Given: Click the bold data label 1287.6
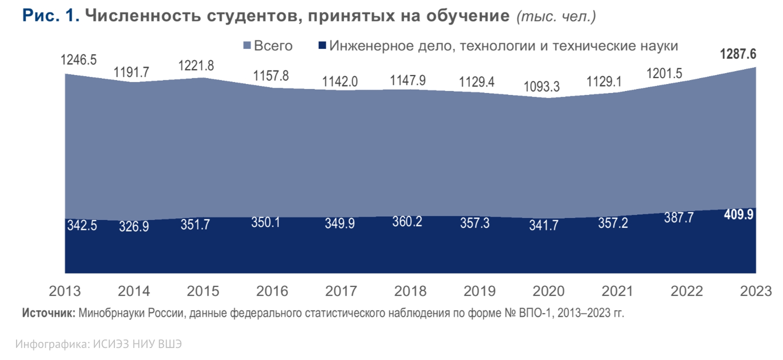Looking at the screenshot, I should point(738,54).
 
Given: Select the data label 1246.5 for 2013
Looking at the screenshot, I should point(79,60).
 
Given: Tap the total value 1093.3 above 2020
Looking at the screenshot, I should point(542,86).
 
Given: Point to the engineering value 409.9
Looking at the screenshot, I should point(739,214).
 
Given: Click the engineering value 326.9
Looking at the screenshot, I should point(134,226).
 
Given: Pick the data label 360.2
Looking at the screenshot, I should point(407,222).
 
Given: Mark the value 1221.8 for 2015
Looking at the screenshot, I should point(196,66).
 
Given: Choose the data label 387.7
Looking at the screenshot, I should point(679,218).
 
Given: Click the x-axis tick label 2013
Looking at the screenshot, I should point(65,291).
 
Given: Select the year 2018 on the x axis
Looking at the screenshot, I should point(410,291).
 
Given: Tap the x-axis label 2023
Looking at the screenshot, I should point(756,291).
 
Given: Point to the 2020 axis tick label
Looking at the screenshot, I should point(549,291).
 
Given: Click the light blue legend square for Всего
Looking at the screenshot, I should point(247,45).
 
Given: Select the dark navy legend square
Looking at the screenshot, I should point(322,45).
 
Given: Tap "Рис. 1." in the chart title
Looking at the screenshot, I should point(51,15).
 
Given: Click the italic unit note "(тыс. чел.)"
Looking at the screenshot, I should point(556,16).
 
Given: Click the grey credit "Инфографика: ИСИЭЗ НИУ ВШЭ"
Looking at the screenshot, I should point(99,344).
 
